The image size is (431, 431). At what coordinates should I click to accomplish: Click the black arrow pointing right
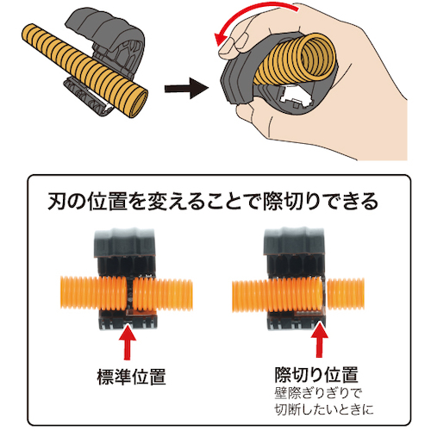point(186,88)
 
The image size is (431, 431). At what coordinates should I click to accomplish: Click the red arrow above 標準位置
point(127,342)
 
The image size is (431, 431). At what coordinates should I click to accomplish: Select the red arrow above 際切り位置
point(319,340)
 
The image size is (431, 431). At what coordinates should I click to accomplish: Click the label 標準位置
point(131,377)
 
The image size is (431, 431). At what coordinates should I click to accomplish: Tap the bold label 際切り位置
point(316,374)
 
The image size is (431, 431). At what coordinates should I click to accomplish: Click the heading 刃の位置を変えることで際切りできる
point(213,202)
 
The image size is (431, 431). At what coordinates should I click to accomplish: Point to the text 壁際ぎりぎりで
point(317,393)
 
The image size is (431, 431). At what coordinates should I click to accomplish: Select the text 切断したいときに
point(324,409)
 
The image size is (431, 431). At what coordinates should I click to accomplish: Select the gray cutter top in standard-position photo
point(124,242)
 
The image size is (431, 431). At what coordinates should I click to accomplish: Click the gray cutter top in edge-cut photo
point(294,240)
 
